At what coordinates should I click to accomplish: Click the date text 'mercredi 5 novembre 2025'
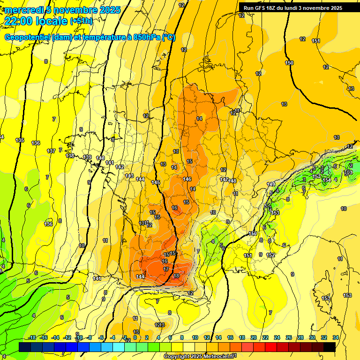(x=62, y=10)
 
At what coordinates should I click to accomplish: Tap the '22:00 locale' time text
(x=35, y=21)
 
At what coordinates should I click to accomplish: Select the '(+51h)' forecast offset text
(x=81, y=21)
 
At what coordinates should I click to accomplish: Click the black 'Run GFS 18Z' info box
(x=293, y=8)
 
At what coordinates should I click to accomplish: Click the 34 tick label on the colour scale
(x=336, y=337)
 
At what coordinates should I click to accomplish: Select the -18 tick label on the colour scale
(x=33, y=337)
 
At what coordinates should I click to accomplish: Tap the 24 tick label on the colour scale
(x=277, y=337)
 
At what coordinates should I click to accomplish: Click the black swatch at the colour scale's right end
(x=330, y=347)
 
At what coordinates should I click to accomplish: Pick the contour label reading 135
(x=20, y=140)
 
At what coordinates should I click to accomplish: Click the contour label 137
(x=51, y=150)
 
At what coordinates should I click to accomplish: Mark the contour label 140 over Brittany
(x=100, y=158)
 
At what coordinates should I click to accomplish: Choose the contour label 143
(x=129, y=176)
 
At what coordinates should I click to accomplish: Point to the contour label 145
(x=156, y=182)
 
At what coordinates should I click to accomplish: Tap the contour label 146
(x=187, y=179)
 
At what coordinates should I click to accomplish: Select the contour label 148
(x=232, y=181)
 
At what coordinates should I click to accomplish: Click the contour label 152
(x=270, y=255)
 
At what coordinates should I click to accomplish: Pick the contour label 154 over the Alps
(x=327, y=180)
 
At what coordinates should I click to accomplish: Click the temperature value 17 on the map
(x=166, y=269)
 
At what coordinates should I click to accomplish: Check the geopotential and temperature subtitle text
(x=90, y=37)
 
